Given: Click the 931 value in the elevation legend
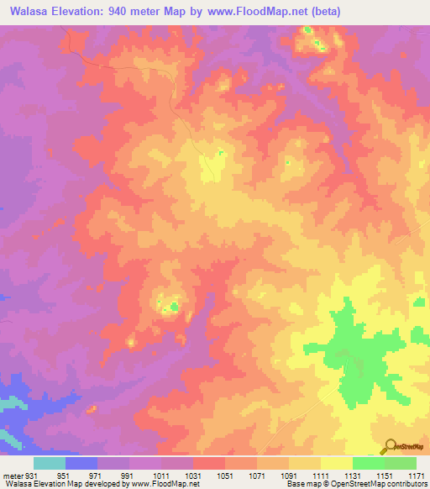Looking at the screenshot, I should coord(32,476).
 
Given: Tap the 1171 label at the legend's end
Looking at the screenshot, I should coord(416,476).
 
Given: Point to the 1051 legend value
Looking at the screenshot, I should coord(224,476).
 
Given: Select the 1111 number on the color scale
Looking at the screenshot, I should coord(320,476).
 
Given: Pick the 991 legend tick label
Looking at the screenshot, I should coord(128,476).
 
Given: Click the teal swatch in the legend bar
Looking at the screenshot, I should coord(50,463).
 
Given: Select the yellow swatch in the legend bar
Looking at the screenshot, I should coord(336,463).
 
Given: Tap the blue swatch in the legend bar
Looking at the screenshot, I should coord(81,463).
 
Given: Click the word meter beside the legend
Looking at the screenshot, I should coord(12,476).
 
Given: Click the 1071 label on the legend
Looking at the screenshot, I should coord(256,476).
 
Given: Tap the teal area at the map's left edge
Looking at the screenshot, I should coord(6,406).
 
